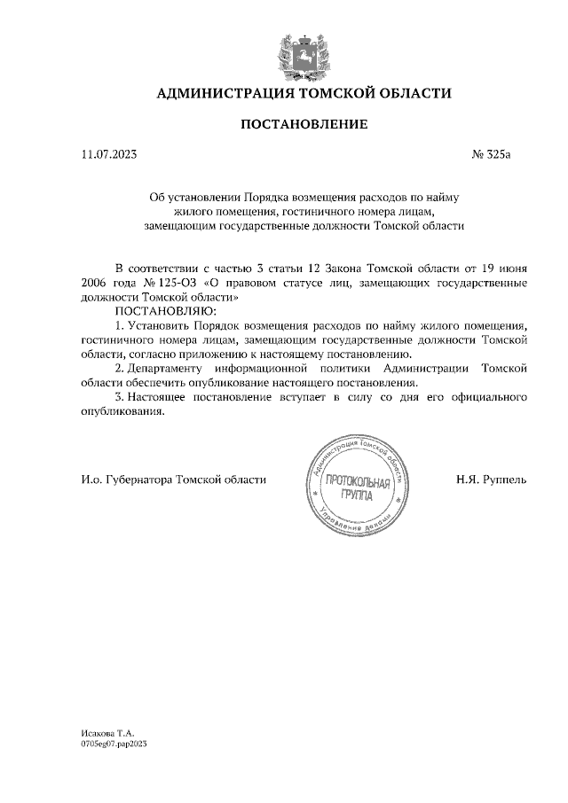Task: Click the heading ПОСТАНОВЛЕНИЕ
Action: [304, 125]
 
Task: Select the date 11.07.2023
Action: [108, 155]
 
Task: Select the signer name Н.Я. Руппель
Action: [491, 479]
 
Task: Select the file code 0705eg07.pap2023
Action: [114, 745]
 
